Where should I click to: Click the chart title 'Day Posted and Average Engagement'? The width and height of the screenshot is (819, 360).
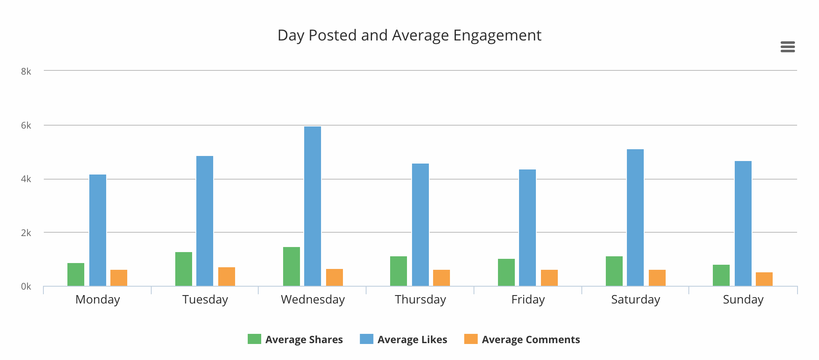[x=409, y=35]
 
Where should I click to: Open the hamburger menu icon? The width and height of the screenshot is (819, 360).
[x=787, y=47]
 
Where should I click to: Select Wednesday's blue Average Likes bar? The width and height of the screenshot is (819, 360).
[x=313, y=206]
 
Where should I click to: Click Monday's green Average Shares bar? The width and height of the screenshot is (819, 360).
[x=76, y=274]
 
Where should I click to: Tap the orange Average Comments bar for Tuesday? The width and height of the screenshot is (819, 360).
[x=227, y=277]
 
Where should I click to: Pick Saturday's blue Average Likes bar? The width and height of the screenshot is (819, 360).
[x=635, y=218]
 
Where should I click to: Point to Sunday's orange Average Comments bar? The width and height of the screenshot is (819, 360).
[x=764, y=279]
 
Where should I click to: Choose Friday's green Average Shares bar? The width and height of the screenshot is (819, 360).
[x=506, y=272]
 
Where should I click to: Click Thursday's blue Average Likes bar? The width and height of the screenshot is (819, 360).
[x=420, y=225]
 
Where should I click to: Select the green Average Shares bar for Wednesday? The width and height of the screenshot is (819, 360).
[x=292, y=266]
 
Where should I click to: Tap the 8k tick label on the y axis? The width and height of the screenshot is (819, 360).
[x=26, y=72]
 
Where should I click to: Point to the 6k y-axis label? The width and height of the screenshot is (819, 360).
[x=26, y=126]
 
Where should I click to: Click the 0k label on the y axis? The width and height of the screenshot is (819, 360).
[x=26, y=287]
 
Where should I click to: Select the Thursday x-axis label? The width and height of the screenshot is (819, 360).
[x=420, y=300]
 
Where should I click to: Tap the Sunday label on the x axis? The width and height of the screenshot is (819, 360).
[x=743, y=300]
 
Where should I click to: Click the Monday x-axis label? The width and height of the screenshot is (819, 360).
[x=98, y=300]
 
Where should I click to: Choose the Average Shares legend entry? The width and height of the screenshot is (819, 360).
[x=295, y=339]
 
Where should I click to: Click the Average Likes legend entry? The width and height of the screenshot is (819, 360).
[x=404, y=339]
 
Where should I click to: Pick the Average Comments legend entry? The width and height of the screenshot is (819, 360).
[x=522, y=339]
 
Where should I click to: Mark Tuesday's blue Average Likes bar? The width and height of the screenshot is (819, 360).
[x=205, y=221]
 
